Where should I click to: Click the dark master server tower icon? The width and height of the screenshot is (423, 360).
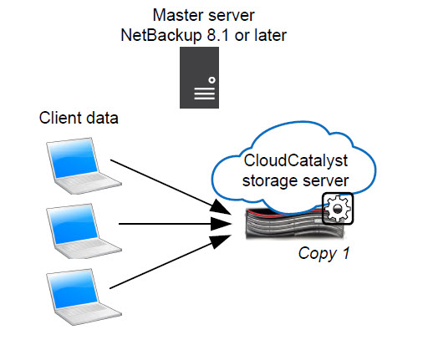199,78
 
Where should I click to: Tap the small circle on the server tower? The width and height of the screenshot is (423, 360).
211,80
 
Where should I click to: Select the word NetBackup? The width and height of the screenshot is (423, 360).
161,35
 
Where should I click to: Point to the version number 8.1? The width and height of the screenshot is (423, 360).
218,35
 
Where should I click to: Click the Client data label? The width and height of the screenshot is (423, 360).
79,118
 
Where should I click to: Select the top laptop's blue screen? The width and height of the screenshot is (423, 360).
74,158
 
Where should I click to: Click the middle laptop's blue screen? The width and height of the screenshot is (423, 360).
74,224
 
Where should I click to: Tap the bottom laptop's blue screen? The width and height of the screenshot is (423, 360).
74,290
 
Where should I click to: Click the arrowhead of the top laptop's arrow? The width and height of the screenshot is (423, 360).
221,208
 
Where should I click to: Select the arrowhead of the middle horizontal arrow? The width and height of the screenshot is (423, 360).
221,224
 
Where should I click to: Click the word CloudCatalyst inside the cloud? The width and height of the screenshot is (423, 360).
296,161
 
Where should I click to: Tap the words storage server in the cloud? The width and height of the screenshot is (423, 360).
295,181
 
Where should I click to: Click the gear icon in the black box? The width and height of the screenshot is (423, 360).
338,209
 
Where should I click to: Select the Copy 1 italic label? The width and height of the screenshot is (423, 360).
324,254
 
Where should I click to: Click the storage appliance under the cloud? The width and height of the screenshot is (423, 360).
295,223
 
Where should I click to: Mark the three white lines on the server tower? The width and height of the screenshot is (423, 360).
205,94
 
